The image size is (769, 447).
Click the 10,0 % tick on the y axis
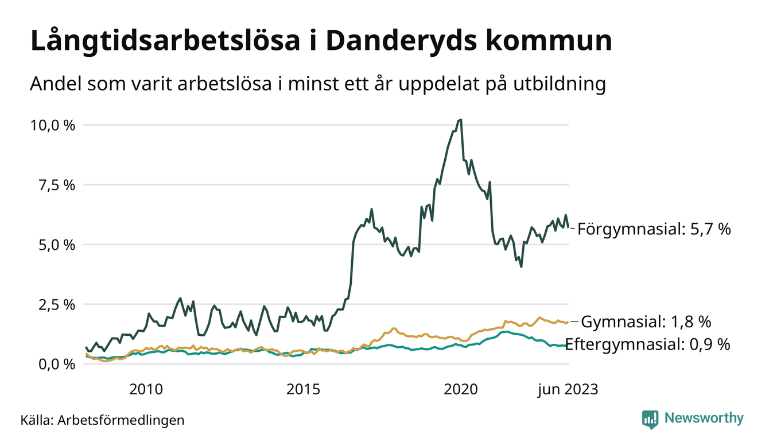[52, 125]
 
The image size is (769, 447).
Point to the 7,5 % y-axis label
[56, 185]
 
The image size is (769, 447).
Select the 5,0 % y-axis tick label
[56, 245]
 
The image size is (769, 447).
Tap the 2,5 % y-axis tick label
[56, 304]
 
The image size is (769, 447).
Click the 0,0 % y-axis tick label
[56, 364]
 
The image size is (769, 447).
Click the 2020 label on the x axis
[461, 390]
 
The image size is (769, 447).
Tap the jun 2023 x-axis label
[568, 390]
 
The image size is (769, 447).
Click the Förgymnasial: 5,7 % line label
[654, 229]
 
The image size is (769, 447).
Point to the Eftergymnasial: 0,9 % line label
[647, 344]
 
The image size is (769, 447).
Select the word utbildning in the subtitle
[554, 84]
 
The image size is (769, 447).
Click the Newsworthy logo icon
[650, 418]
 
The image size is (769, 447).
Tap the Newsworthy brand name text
[704, 418]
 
